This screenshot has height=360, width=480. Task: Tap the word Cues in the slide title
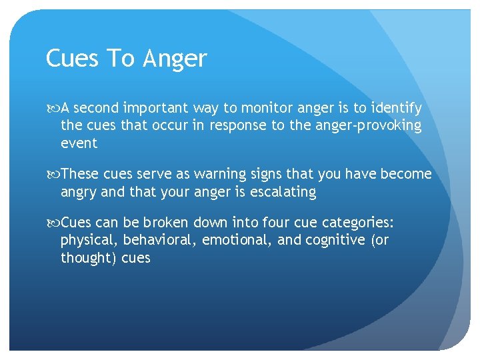coord(73,59)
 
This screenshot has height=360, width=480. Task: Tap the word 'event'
coord(79,143)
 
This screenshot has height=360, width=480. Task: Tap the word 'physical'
coord(87,241)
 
